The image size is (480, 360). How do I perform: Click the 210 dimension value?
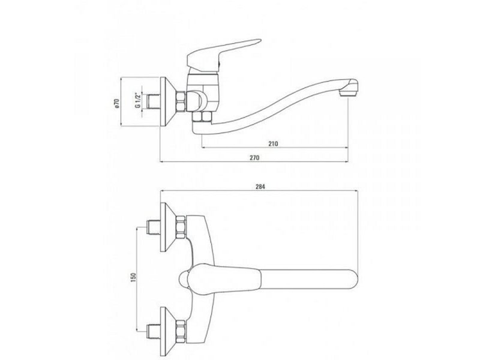coord(274,143)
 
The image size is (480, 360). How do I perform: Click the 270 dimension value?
coord(254,157)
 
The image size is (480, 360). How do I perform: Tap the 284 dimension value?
coord(260,187)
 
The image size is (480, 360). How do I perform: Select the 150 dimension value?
coord(133,277)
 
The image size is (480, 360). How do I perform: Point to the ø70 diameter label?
coord(116,103)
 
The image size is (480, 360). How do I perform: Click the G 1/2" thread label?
coord(138,100)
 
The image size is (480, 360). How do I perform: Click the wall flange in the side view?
coord(168,101)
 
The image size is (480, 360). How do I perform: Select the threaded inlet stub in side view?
coord(154,101)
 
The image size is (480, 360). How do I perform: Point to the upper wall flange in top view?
coord(168,227)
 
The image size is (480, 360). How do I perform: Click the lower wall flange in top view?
coord(168,332)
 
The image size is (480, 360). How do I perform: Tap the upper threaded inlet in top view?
coord(154,227)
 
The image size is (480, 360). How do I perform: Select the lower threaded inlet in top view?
coord(154,332)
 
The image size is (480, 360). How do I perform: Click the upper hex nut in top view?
coord(181,227)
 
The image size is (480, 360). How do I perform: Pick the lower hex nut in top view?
coord(181,332)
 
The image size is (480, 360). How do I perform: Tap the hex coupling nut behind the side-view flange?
coord(181,101)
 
